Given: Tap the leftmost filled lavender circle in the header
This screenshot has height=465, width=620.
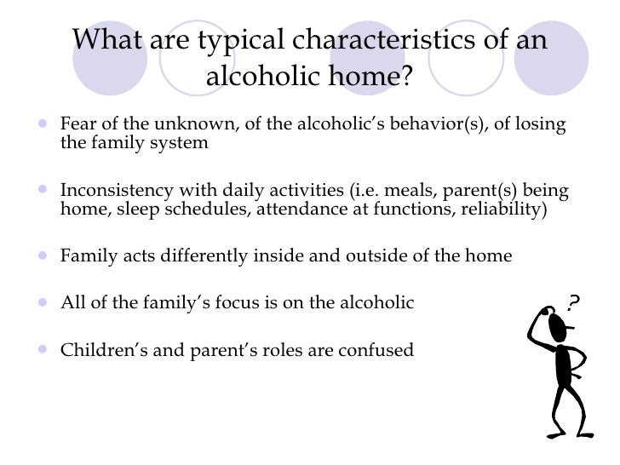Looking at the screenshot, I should pyautogui.click(x=110, y=55).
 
